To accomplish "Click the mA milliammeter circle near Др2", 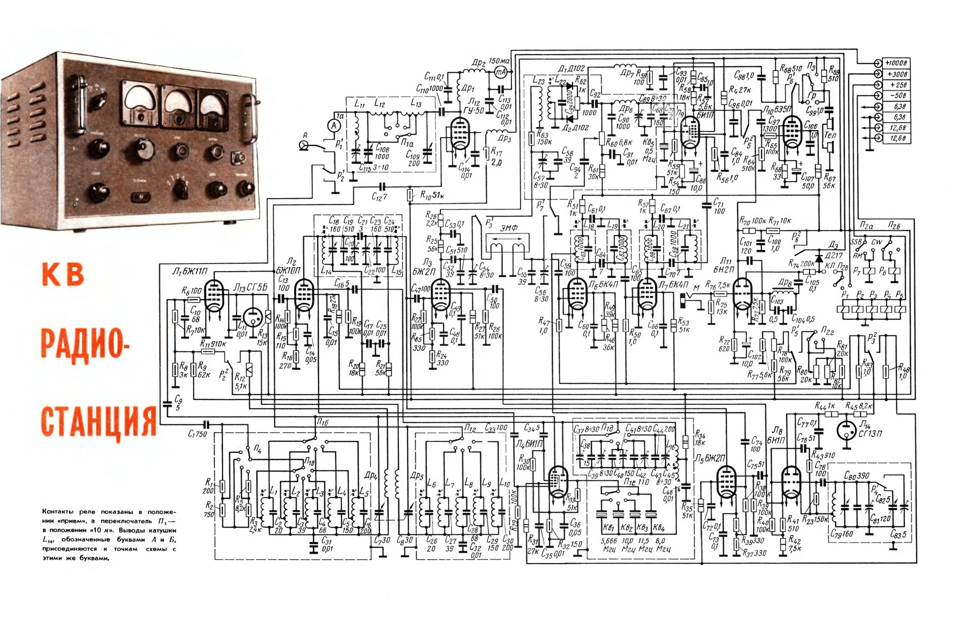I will click(x=501, y=72).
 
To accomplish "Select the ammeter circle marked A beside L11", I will click(x=334, y=126).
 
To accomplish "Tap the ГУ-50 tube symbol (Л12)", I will click(x=459, y=132).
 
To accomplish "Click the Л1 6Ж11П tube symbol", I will click(x=213, y=295).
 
